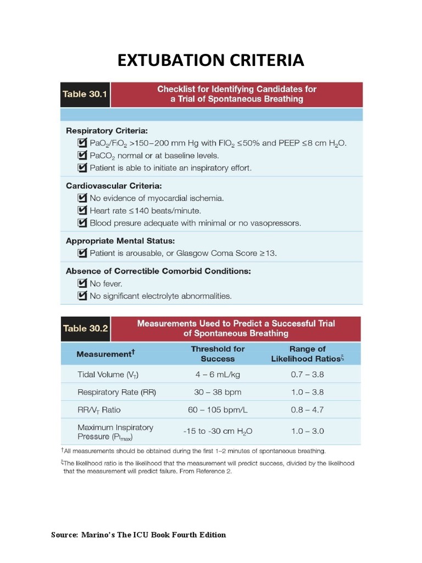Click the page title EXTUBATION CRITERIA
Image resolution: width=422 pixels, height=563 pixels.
(x=210, y=60)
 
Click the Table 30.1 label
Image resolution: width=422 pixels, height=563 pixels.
(x=82, y=94)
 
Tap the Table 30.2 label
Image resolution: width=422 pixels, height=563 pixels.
(x=85, y=329)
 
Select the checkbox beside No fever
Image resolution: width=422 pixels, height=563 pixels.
(x=82, y=284)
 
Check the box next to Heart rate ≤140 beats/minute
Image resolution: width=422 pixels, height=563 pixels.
(x=82, y=211)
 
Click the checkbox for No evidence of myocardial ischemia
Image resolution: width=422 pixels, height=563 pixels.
(x=82, y=198)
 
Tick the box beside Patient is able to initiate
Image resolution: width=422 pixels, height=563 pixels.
(x=82, y=168)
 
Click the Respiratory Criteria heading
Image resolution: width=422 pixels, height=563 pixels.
(x=107, y=131)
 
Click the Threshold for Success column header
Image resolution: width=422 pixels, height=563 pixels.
(x=218, y=354)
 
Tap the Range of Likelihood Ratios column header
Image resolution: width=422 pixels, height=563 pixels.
(x=307, y=354)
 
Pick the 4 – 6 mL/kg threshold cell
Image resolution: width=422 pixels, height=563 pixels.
(x=218, y=375)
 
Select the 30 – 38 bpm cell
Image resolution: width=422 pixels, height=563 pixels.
(x=218, y=393)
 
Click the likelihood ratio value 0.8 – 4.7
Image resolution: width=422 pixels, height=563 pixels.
(x=307, y=410)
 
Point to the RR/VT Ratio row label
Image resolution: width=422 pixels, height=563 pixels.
(x=99, y=410)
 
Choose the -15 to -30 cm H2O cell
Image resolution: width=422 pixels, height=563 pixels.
(x=218, y=432)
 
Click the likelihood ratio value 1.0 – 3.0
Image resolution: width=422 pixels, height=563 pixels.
(x=307, y=432)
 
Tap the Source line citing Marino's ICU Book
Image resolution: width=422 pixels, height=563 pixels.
(x=138, y=535)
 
